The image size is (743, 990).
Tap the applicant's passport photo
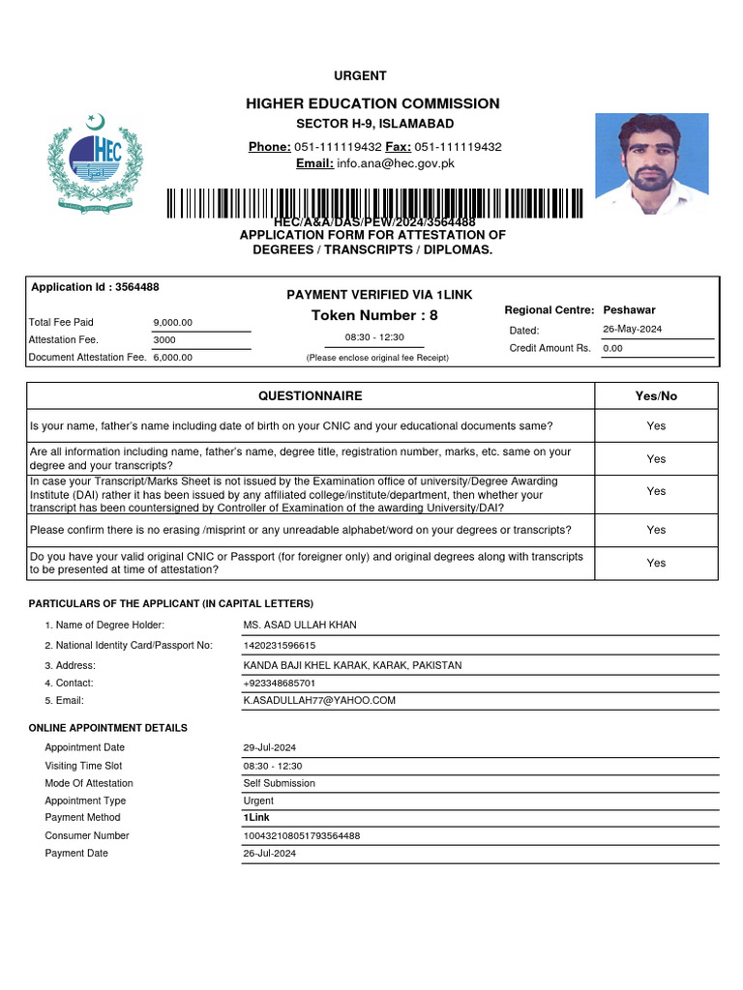point(651,163)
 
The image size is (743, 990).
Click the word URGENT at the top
point(360,76)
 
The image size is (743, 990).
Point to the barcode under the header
point(374,204)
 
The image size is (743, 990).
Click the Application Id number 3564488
point(136,287)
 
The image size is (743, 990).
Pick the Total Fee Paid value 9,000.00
point(173,322)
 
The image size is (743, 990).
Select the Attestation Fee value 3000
point(164,340)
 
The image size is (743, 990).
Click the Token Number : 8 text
point(374,315)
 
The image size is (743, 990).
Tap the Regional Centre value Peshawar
point(629,310)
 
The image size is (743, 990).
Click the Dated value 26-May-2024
point(634,330)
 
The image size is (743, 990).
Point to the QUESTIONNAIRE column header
point(310,396)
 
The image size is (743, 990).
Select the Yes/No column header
point(656,396)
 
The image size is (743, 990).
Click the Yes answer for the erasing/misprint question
point(656,530)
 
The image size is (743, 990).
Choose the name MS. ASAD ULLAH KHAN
point(300,626)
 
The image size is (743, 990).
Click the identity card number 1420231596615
point(280,645)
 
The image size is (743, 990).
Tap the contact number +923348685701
point(280,683)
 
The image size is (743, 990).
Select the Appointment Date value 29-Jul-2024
point(269,747)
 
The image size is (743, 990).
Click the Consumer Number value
point(302,835)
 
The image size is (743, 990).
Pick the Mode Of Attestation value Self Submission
point(279,783)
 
